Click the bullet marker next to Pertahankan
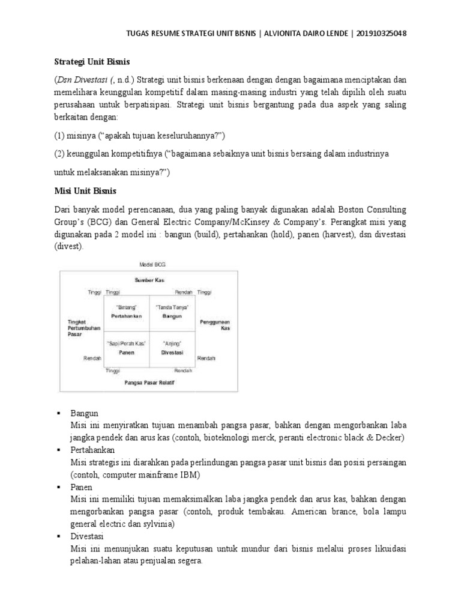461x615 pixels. pos(58,450)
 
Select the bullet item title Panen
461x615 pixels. pos(81,487)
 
